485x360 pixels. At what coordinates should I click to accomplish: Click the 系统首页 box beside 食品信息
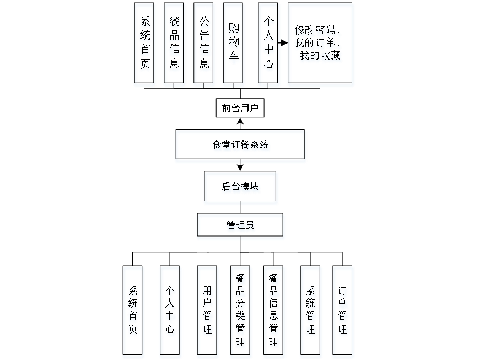click(144, 45)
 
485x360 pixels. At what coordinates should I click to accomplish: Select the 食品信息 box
click(174, 45)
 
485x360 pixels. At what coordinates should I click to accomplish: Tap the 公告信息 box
click(204, 45)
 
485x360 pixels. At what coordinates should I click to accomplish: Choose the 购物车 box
click(234, 45)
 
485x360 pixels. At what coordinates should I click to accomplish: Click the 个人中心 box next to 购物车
click(268, 45)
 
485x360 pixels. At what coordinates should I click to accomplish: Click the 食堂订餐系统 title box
click(241, 146)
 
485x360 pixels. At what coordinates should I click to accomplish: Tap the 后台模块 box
click(241, 187)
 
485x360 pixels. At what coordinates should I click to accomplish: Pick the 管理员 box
click(241, 227)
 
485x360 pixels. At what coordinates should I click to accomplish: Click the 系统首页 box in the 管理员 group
click(133, 311)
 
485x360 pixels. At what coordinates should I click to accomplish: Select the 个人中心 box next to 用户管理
click(170, 311)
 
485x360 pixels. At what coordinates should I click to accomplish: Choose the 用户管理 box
click(207, 311)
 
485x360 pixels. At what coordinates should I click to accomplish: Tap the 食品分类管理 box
click(240, 311)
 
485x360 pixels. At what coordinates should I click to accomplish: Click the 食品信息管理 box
click(274, 311)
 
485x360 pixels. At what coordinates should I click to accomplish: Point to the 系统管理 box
click(311, 311)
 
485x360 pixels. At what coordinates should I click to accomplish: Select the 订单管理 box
click(343, 311)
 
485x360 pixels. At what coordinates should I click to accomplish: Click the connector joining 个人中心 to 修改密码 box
click(283, 43)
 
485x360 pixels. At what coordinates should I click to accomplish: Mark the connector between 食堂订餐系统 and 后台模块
click(241, 168)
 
